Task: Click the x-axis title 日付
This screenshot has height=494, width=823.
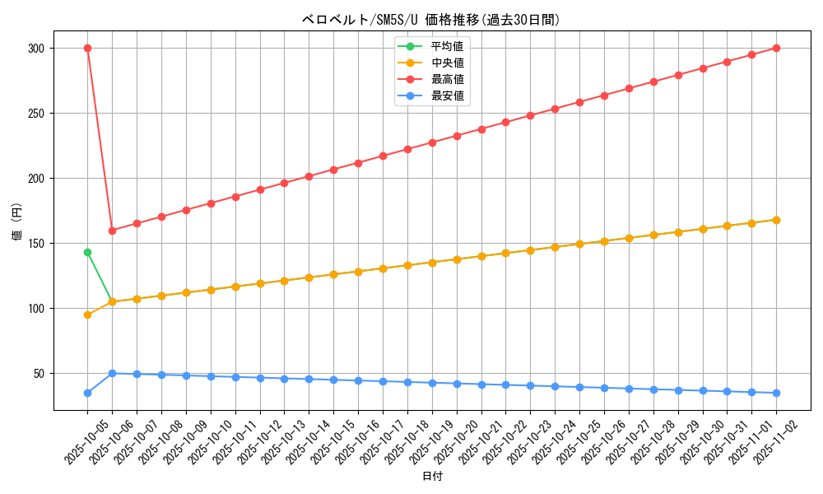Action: [x=432, y=477]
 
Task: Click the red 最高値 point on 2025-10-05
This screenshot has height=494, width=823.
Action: [x=87, y=49]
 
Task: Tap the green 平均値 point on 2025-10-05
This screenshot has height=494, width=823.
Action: [x=87, y=252]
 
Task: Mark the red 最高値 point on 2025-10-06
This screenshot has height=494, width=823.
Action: [x=112, y=231]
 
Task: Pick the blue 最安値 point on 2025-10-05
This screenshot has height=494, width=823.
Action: [x=87, y=393]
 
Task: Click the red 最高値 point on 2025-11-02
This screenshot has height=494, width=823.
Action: [x=776, y=49]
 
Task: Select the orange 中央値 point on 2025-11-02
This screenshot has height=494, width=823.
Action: [x=776, y=220]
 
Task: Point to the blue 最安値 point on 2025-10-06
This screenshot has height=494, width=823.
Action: [x=112, y=373]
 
